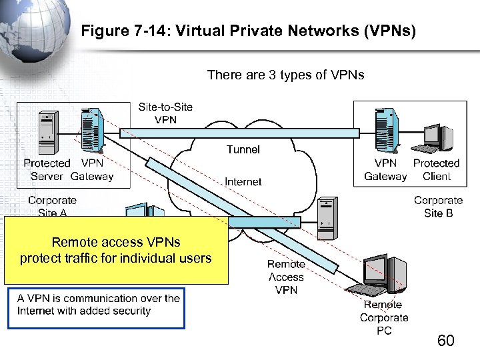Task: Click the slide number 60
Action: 445,341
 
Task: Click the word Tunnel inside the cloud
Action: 243,150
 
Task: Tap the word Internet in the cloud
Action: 243,181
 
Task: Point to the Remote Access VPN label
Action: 285,277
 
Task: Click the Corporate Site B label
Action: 438,206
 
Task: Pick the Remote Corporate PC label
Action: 384,317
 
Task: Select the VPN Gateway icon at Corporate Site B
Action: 386,130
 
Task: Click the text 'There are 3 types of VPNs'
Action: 285,75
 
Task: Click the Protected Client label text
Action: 436,169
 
